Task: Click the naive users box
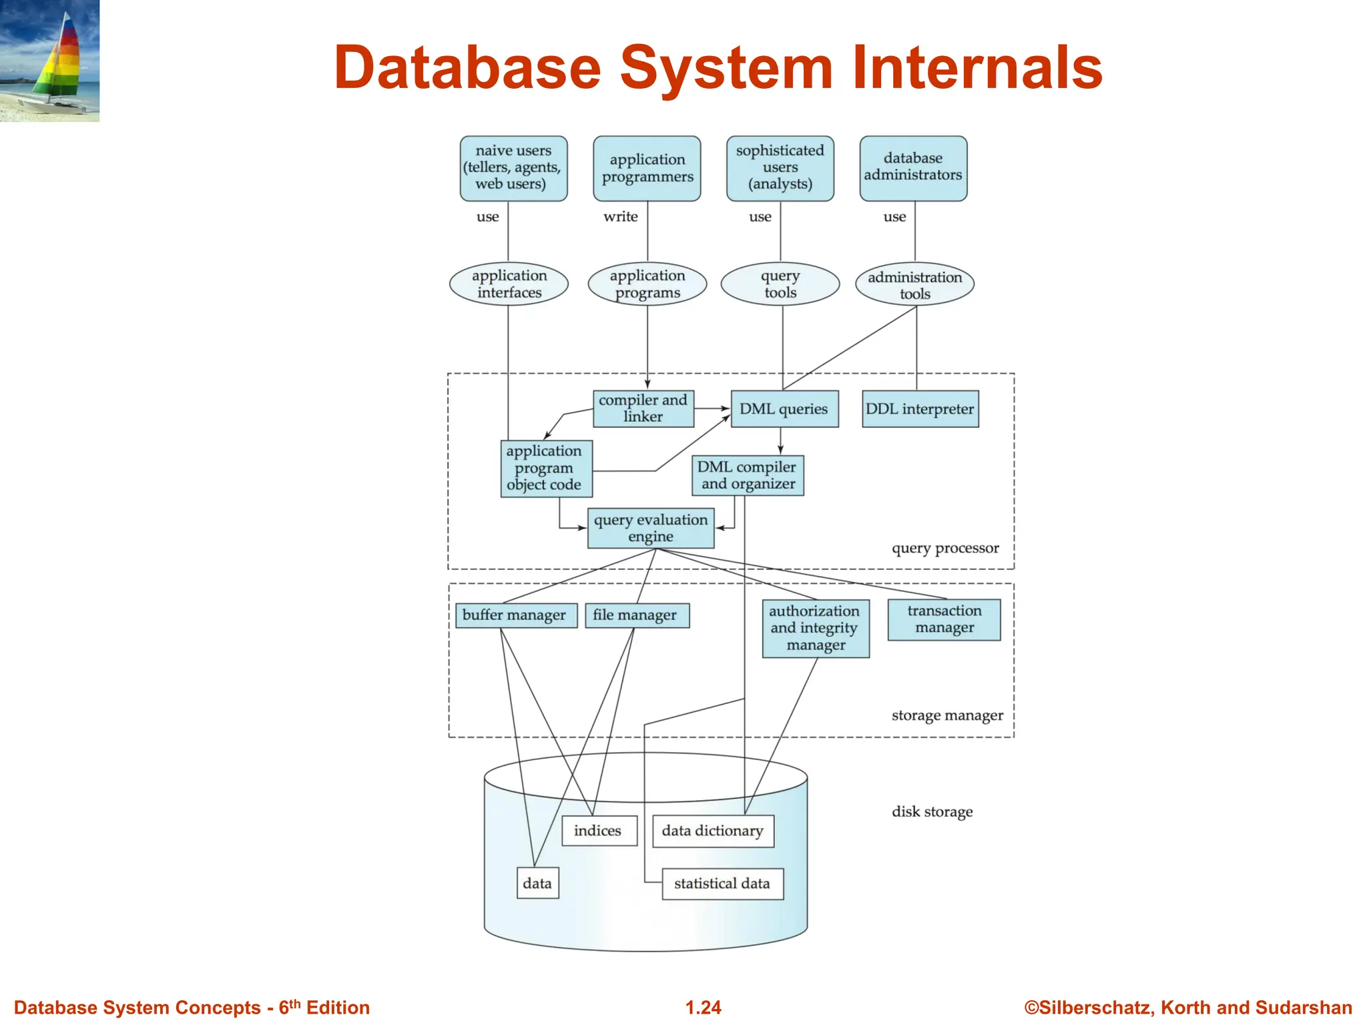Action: pos(513,168)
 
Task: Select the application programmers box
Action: pos(647,168)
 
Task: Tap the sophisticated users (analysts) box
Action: pos(780,168)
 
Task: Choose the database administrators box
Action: pos(913,168)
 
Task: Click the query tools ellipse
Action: pos(780,284)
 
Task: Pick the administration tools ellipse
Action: pos(914,285)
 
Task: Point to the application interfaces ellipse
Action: pos(509,284)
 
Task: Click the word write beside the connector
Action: pos(620,217)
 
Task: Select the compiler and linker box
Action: pos(643,408)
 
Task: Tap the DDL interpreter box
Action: pos(920,409)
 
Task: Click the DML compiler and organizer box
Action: pos(748,475)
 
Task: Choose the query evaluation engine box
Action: pos(651,528)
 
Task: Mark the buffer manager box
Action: pos(515,615)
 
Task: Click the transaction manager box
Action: pos(944,619)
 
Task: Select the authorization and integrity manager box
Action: pos(815,628)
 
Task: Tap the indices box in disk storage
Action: pos(599,831)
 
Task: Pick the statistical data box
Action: pos(722,884)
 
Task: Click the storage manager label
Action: pos(946,715)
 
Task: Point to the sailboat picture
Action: pos(49,60)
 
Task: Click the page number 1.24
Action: pos(703,1008)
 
